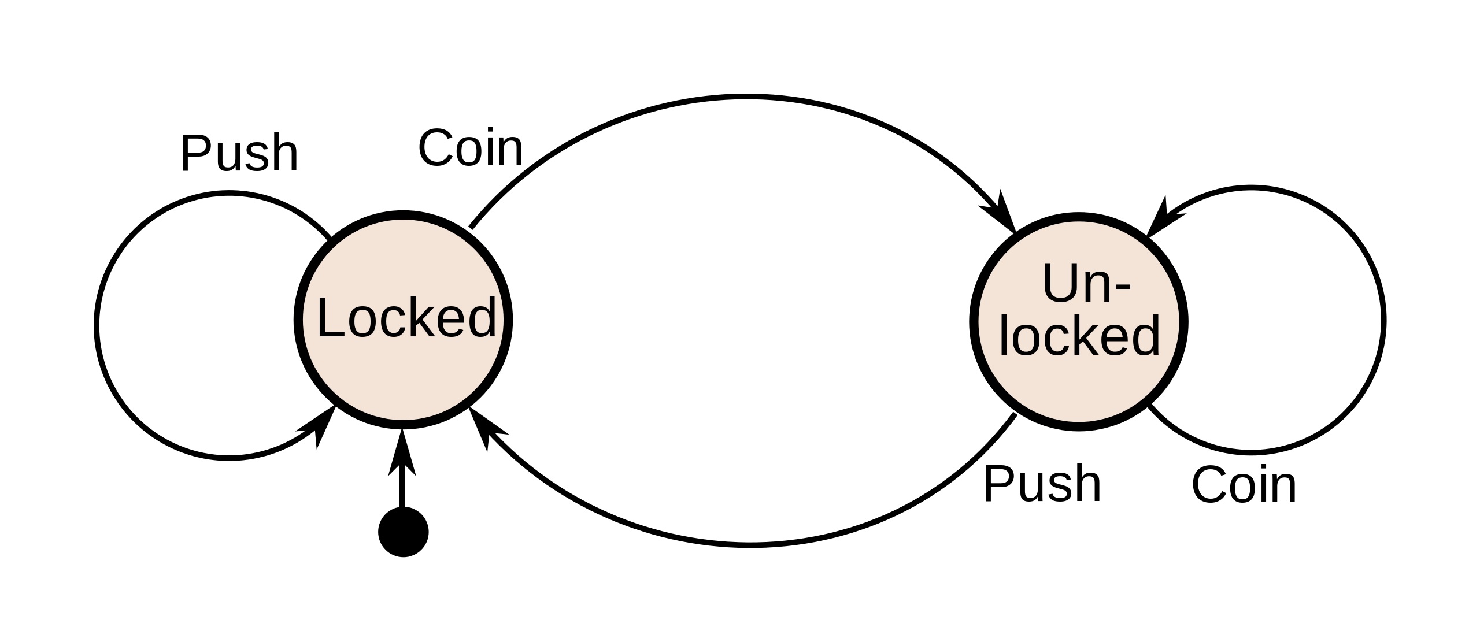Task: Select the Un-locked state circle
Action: pyautogui.click(x=1078, y=393)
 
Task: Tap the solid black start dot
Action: pyautogui.click(x=403, y=532)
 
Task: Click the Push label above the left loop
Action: pyautogui.click(x=239, y=154)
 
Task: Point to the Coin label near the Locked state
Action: pyautogui.click(x=470, y=149)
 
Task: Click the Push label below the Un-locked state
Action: pyautogui.click(x=1042, y=484)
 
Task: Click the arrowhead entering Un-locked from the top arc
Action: pyautogui.click(x=1003, y=214)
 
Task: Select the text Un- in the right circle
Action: pyautogui.click(x=1086, y=283)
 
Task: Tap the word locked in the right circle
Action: pyautogui.click(x=1079, y=336)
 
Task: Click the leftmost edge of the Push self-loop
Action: pyautogui.click(x=97, y=325)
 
